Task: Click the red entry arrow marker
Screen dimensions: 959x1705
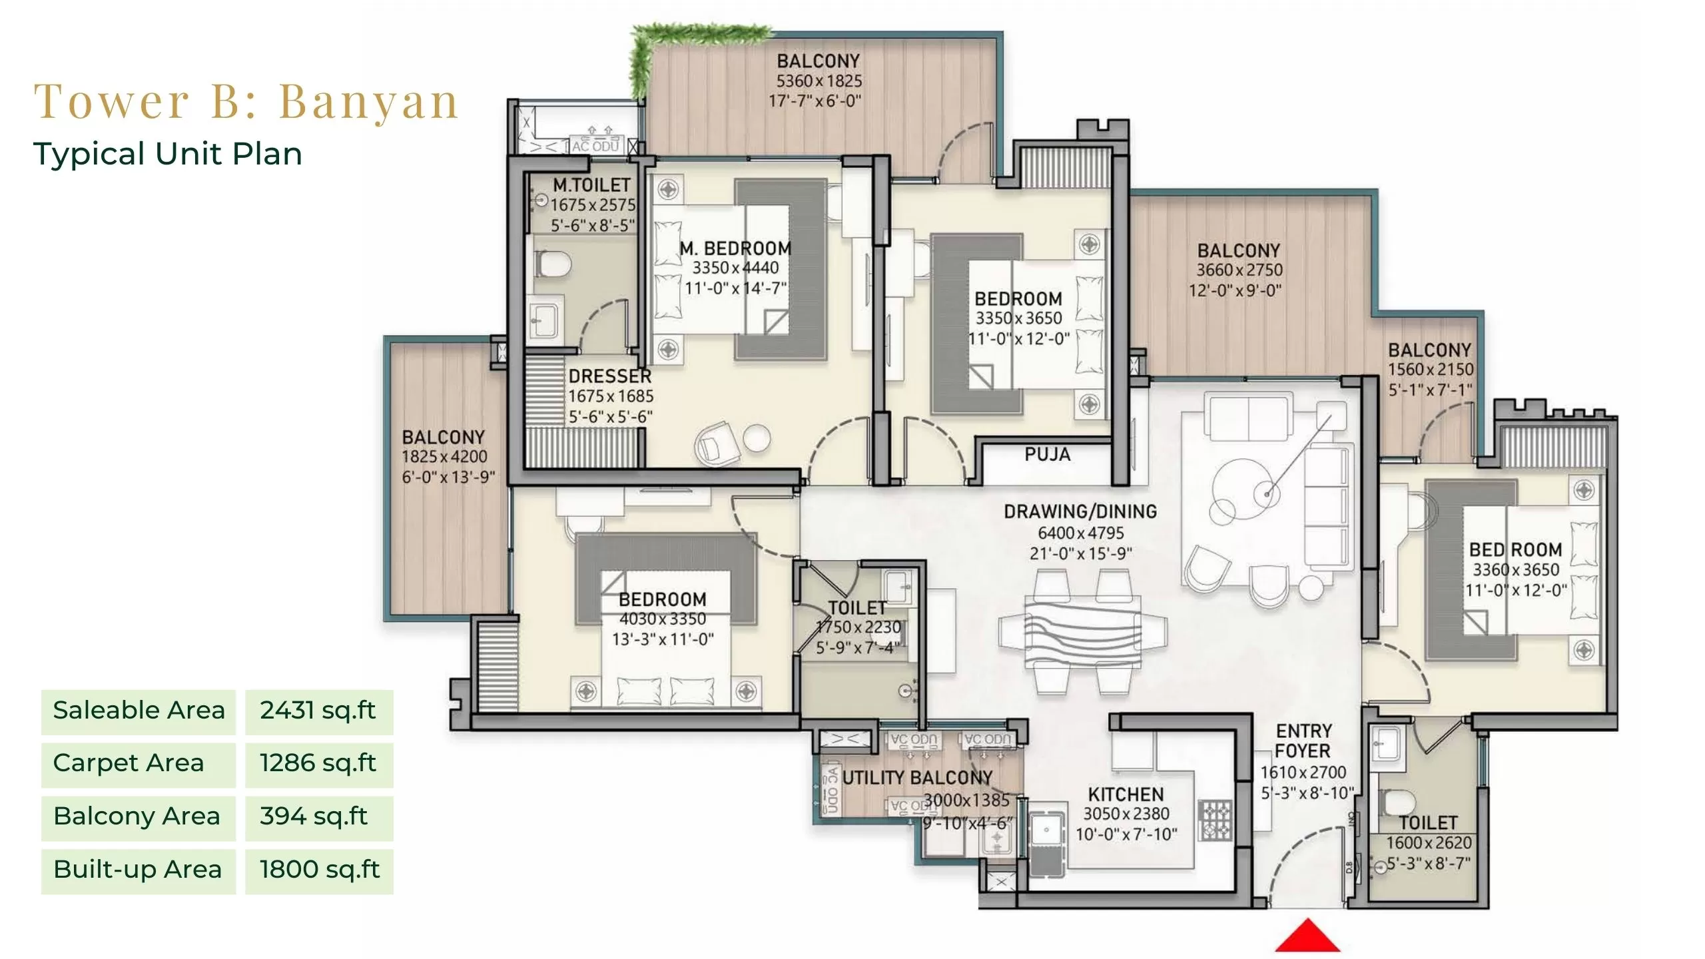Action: pos(1307,936)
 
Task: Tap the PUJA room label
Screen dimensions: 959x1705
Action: pos(1047,455)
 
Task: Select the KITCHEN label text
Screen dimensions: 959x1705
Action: pos(1126,794)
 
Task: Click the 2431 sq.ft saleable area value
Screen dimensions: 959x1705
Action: pos(318,711)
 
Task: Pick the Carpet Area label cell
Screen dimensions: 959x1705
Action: pos(138,763)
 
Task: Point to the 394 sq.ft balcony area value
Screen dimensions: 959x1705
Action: pos(314,816)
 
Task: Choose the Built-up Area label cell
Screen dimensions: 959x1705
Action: pos(138,870)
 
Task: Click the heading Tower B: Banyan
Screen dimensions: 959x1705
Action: pos(246,102)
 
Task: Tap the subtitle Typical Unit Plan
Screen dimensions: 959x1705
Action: pos(168,154)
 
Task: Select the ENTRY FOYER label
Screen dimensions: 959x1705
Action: pos(1303,741)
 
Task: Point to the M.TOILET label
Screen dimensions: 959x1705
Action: pos(591,184)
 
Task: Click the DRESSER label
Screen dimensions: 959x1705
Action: pos(609,376)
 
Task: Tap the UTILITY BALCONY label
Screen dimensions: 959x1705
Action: pos(917,777)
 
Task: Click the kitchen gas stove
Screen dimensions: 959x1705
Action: pos(1215,819)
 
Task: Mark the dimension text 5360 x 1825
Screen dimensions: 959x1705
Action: pos(819,81)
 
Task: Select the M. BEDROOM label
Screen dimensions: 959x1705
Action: pos(735,248)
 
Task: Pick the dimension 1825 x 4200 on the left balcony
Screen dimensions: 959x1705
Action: pos(444,457)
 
